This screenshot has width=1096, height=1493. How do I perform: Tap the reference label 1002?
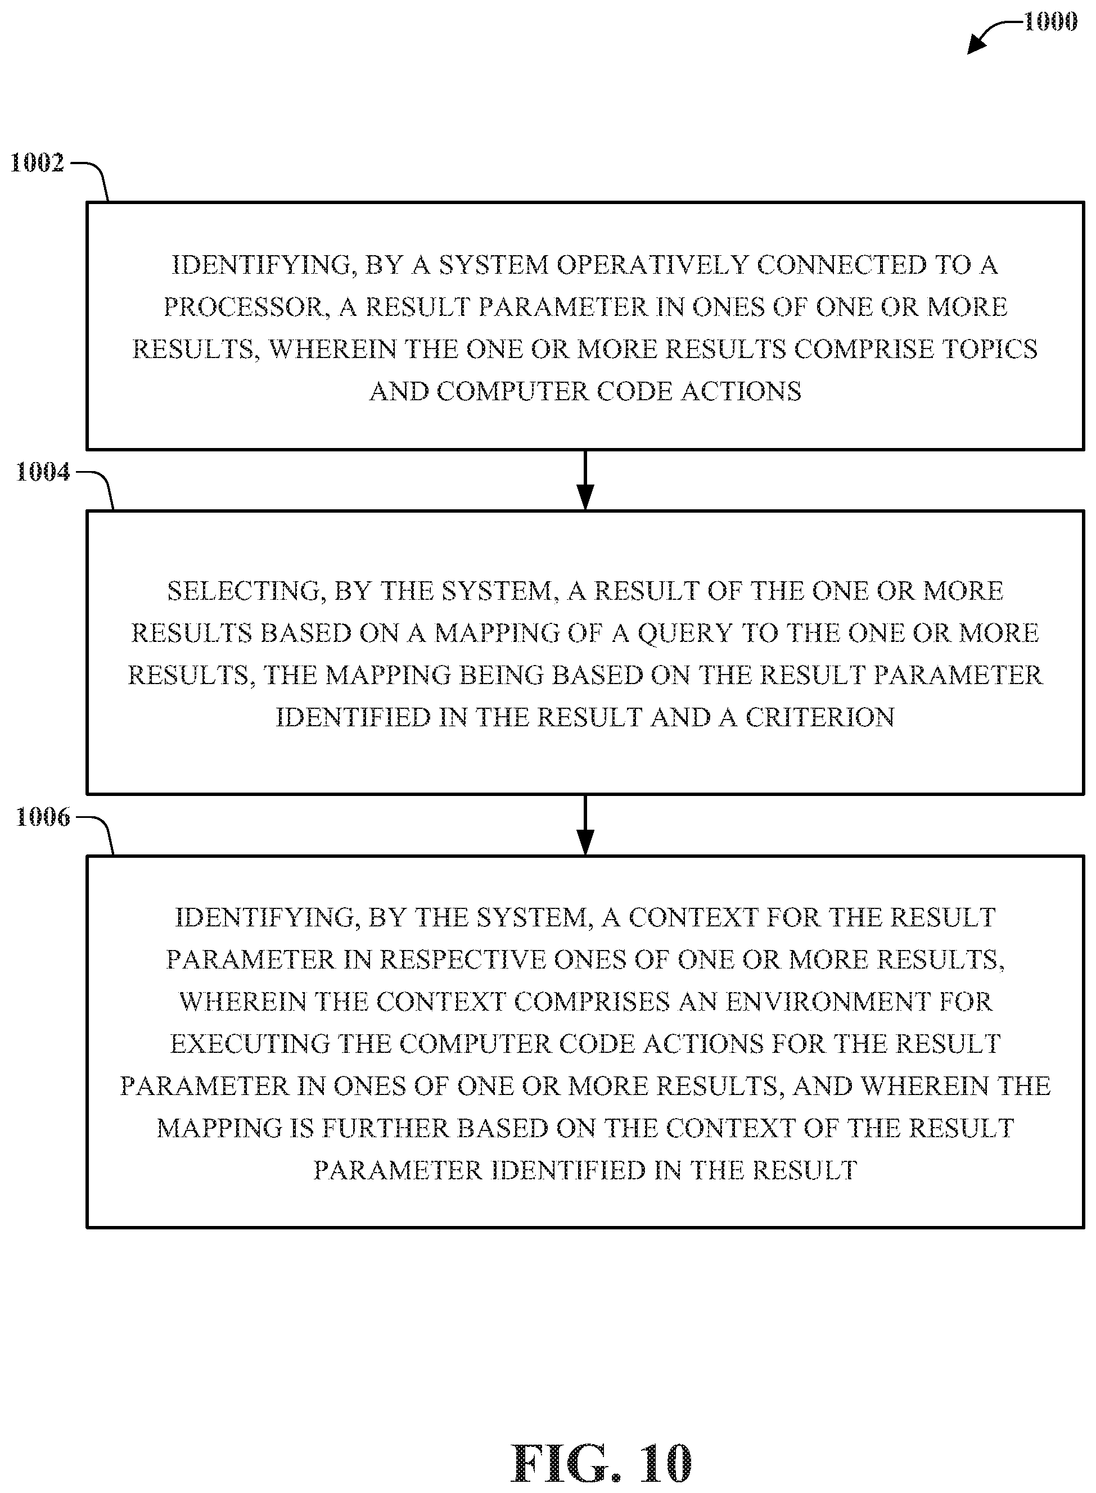(37, 163)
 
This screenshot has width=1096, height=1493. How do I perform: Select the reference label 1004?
(43, 472)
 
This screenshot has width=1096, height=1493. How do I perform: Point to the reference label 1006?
(43, 817)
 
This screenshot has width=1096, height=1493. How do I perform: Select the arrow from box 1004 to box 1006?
(584, 825)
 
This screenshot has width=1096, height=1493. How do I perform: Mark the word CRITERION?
(819, 718)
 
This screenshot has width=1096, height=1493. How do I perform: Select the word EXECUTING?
(250, 1044)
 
